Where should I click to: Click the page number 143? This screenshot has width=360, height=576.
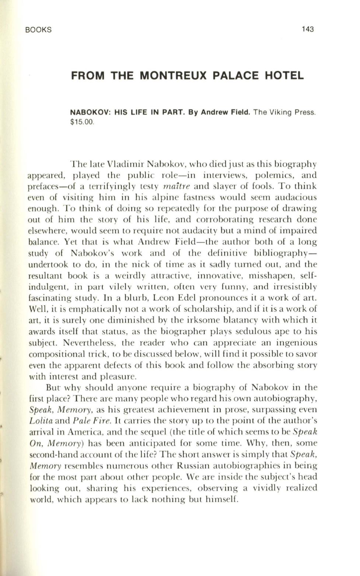pos(307,29)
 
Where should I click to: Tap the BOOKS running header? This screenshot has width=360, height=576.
pos(39,30)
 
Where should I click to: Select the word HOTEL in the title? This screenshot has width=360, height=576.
pos(285,76)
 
